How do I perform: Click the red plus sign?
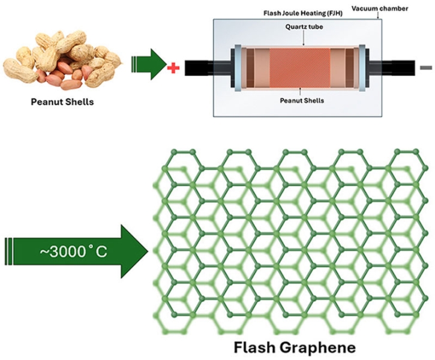pyautogui.click(x=174, y=68)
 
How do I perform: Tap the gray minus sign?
pyautogui.click(x=425, y=67)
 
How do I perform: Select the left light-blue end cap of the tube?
pyautogui.click(x=236, y=67)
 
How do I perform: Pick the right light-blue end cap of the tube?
pyautogui.click(x=361, y=67)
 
